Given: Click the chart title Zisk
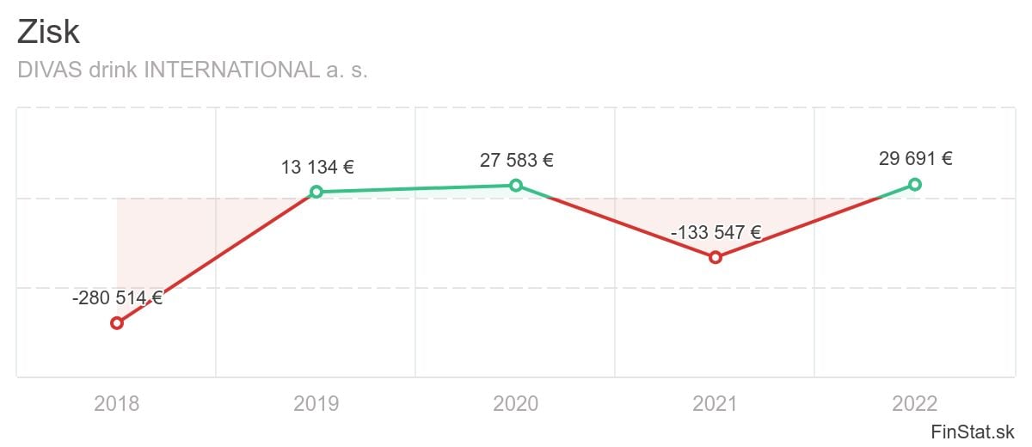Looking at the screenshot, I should [x=48, y=33].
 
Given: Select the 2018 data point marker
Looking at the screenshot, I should [x=117, y=323].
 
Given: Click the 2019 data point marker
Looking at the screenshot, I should [x=316, y=192].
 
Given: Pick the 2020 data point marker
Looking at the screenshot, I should [x=516, y=185].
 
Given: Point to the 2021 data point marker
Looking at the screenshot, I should [x=716, y=257].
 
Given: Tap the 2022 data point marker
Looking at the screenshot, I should [x=915, y=184].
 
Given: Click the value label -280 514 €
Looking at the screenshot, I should [x=117, y=299].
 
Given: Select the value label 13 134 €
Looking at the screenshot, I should [x=317, y=167].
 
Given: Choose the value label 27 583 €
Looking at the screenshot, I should [x=516, y=161].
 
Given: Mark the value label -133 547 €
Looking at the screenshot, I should [x=716, y=232].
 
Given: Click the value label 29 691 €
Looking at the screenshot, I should [x=915, y=159].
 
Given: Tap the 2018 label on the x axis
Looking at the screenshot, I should [x=117, y=403].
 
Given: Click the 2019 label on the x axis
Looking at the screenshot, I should [x=316, y=403].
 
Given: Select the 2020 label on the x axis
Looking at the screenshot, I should [x=516, y=403].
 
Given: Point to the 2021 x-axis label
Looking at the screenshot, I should [x=716, y=403].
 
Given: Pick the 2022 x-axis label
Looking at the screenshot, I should [x=915, y=403].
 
